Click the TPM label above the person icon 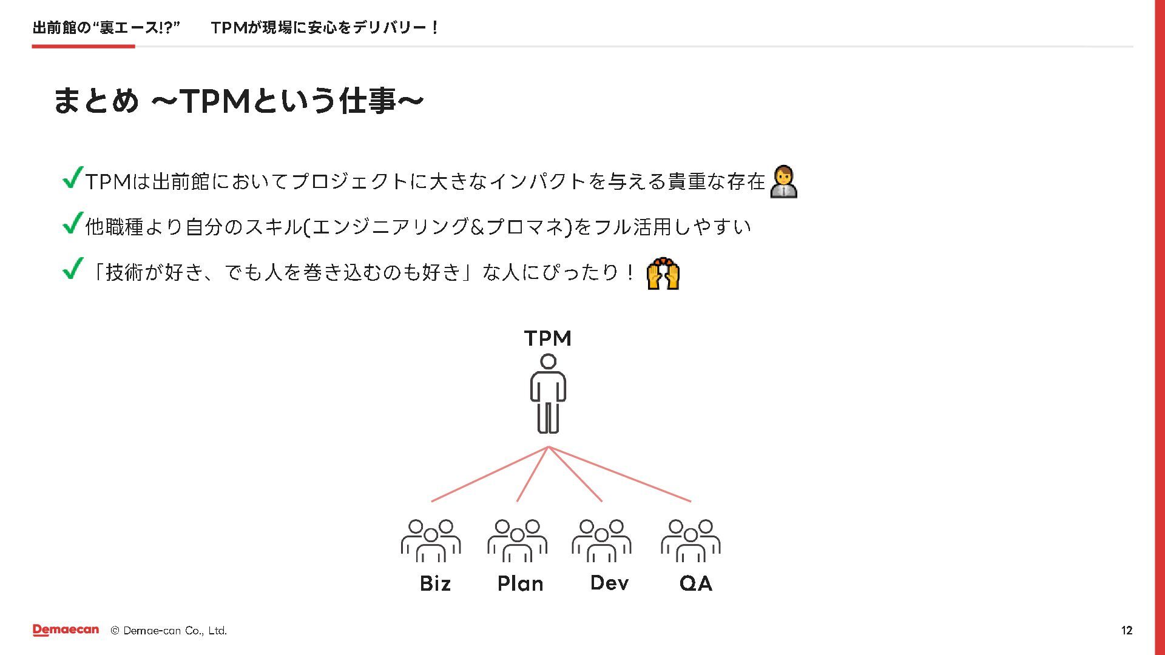[x=547, y=338]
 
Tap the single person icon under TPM [x=548, y=394]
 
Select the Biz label [x=435, y=583]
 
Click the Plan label [x=520, y=583]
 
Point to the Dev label [x=609, y=583]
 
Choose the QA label [x=695, y=583]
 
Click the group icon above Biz [x=431, y=540]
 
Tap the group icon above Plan [x=517, y=540]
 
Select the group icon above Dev [x=601, y=540]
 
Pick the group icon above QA [x=691, y=540]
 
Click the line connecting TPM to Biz [x=489, y=474]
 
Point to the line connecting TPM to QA [x=620, y=474]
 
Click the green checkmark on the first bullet [x=72, y=178]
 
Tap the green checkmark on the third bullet [x=72, y=269]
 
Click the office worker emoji [x=783, y=181]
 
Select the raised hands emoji [x=663, y=274]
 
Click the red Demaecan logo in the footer [x=66, y=630]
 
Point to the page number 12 [x=1126, y=631]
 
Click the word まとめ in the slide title [x=96, y=101]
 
